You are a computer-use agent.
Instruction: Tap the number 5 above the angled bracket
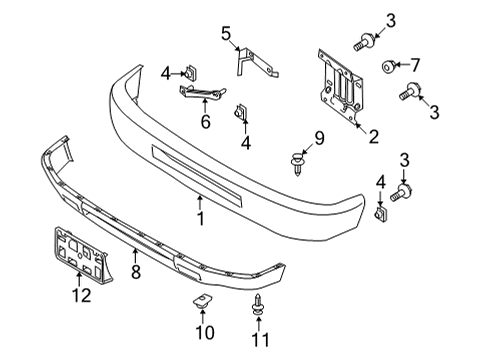(226, 34)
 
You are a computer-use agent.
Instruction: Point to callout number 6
(205, 122)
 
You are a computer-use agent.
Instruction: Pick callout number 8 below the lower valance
(135, 270)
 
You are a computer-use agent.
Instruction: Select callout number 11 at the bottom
(259, 340)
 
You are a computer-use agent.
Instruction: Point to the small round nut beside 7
(386, 67)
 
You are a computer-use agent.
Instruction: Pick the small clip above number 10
(201, 302)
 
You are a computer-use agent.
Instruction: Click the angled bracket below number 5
(246, 62)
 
